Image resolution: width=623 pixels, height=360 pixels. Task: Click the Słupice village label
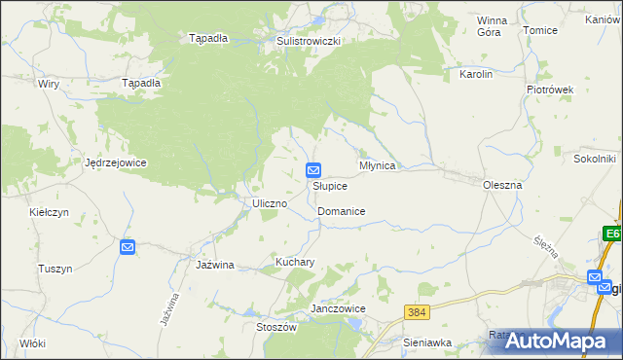tap(329, 186)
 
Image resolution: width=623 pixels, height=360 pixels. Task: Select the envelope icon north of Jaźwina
tap(128, 248)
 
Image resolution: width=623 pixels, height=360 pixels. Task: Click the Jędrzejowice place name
tap(115, 162)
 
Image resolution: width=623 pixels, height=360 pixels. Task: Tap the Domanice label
tap(341, 211)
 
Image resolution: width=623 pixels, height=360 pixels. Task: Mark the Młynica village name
tap(378, 166)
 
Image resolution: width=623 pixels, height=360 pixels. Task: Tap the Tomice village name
tap(540, 30)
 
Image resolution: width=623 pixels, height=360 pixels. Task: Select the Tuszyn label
tap(55, 269)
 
